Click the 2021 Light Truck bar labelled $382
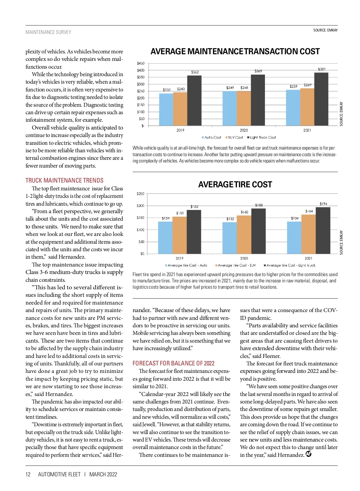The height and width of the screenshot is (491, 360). point(321,99)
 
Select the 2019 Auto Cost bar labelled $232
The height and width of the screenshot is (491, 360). point(166,109)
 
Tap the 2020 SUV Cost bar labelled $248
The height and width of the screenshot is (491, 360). point(244,108)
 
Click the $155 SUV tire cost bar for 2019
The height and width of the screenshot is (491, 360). point(179,235)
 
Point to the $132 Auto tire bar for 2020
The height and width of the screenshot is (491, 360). point(229,238)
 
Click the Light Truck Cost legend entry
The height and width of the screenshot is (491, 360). point(261,137)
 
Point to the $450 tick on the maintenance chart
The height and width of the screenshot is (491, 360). point(140,63)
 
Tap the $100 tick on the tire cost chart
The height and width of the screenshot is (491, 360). point(140,230)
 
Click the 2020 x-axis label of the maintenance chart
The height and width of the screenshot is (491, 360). point(244,130)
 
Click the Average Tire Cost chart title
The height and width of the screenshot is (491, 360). point(235,184)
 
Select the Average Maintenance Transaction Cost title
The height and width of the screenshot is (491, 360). point(235,52)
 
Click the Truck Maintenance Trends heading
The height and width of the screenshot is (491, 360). point(64,180)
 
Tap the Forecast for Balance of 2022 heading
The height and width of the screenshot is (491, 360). point(173,363)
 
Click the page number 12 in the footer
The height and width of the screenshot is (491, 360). point(28,474)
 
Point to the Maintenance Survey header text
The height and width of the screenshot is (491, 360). point(48,32)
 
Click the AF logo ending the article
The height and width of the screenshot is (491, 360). point(308,454)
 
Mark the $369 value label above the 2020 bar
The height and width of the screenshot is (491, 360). point(258,71)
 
